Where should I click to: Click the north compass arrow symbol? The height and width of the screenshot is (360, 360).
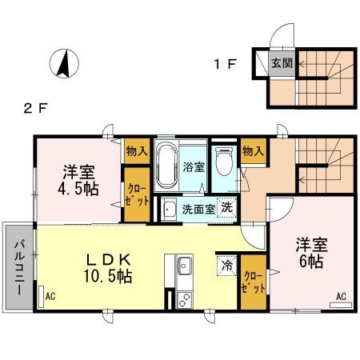pyautogui.click(x=62, y=64)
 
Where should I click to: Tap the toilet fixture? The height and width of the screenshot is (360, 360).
pyautogui.click(x=225, y=165)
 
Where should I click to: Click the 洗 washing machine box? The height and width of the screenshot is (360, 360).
pyautogui.click(x=227, y=206)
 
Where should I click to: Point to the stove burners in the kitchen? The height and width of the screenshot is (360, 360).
pyautogui.click(x=183, y=299)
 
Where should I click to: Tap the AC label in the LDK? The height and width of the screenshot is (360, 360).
pyautogui.click(x=51, y=296)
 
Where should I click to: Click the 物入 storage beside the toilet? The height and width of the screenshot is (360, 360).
pyautogui.click(x=252, y=151)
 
